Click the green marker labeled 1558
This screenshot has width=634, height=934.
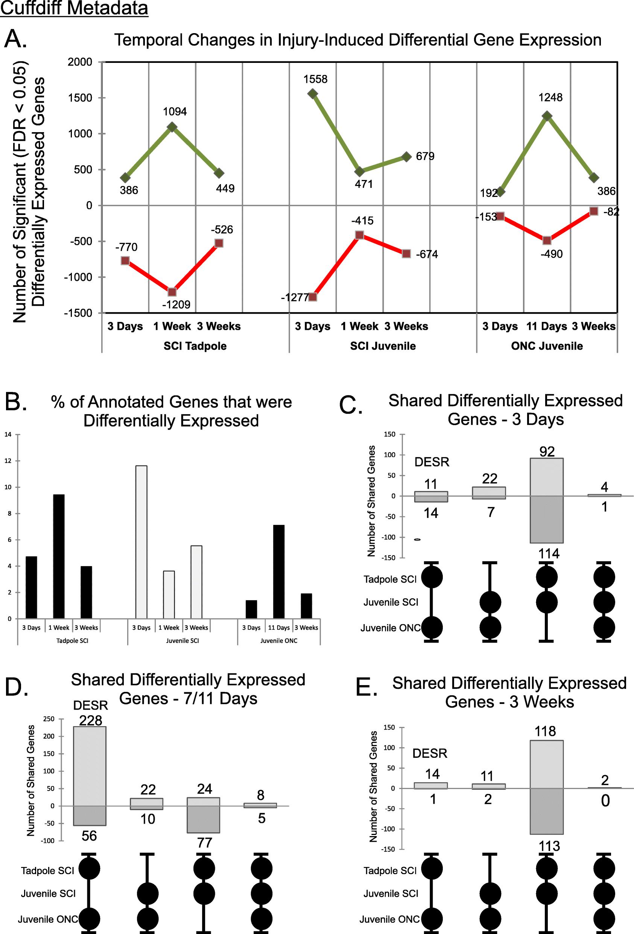point(313,94)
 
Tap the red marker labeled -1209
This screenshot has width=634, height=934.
point(172,292)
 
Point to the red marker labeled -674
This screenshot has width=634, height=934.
point(406,254)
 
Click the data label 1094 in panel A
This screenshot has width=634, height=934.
point(175,112)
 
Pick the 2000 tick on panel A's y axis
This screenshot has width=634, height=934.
point(80,62)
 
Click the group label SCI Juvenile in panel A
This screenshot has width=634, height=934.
point(383,346)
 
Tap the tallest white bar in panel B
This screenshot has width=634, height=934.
point(141,542)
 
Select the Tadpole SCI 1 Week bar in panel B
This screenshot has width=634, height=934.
point(59,556)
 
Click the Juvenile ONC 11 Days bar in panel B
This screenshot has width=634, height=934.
point(279,571)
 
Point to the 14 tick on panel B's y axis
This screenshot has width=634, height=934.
point(8,434)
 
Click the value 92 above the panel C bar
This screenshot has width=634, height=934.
point(547,452)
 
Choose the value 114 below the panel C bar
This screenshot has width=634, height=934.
point(549,554)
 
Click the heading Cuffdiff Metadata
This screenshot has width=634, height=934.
point(74,8)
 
